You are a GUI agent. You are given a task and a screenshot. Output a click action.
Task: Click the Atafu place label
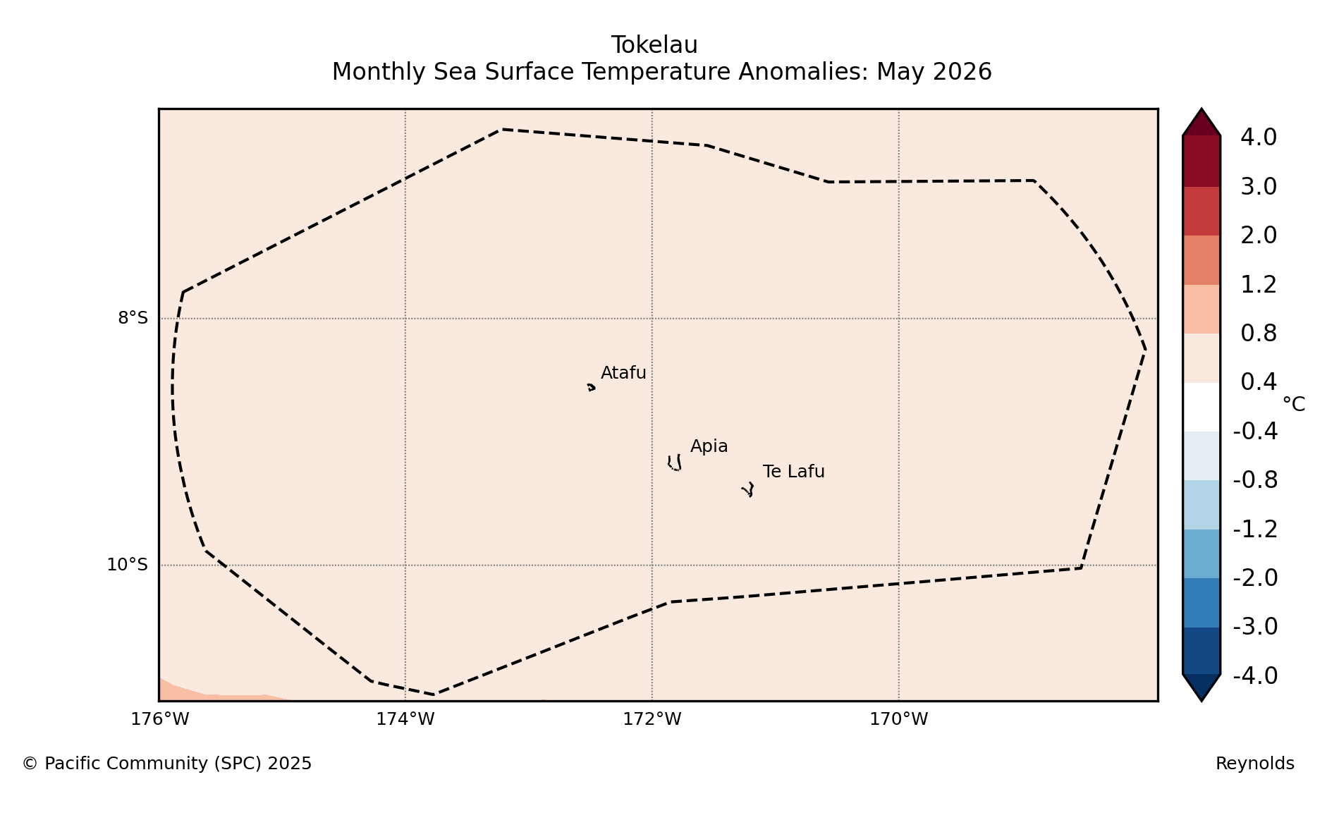tap(623, 373)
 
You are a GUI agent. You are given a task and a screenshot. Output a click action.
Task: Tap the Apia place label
tap(709, 446)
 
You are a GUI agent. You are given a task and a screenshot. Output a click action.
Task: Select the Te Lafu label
tap(793, 472)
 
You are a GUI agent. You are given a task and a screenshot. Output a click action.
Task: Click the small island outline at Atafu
tap(591, 387)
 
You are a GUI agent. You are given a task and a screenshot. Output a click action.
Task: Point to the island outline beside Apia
tap(675, 463)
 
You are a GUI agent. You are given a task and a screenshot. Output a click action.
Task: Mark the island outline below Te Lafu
tap(748, 489)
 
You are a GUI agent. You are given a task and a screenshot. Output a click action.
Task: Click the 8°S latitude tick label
tap(133, 318)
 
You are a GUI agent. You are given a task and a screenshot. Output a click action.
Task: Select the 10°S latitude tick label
tap(128, 565)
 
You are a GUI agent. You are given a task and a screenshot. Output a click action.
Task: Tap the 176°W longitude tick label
tap(160, 719)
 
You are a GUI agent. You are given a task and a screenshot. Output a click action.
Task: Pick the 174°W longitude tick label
tap(405, 719)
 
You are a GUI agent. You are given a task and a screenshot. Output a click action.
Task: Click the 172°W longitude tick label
tap(652, 719)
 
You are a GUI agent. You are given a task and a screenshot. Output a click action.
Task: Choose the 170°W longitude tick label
tap(899, 719)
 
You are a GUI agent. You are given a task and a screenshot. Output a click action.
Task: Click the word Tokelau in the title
tap(654, 45)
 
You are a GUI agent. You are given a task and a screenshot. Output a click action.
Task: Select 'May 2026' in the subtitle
tap(934, 72)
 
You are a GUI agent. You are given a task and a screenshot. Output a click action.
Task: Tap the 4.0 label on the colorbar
tap(1259, 137)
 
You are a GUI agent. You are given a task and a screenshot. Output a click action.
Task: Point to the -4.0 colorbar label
tap(1255, 675)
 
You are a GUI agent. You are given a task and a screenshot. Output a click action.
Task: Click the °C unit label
tap(1294, 405)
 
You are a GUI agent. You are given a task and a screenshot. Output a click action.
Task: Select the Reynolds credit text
tap(1255, 764)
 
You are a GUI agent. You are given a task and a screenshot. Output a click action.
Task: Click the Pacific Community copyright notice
tap(167, 764)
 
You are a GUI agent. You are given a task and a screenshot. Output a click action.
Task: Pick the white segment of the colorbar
tap(1201, 407)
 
